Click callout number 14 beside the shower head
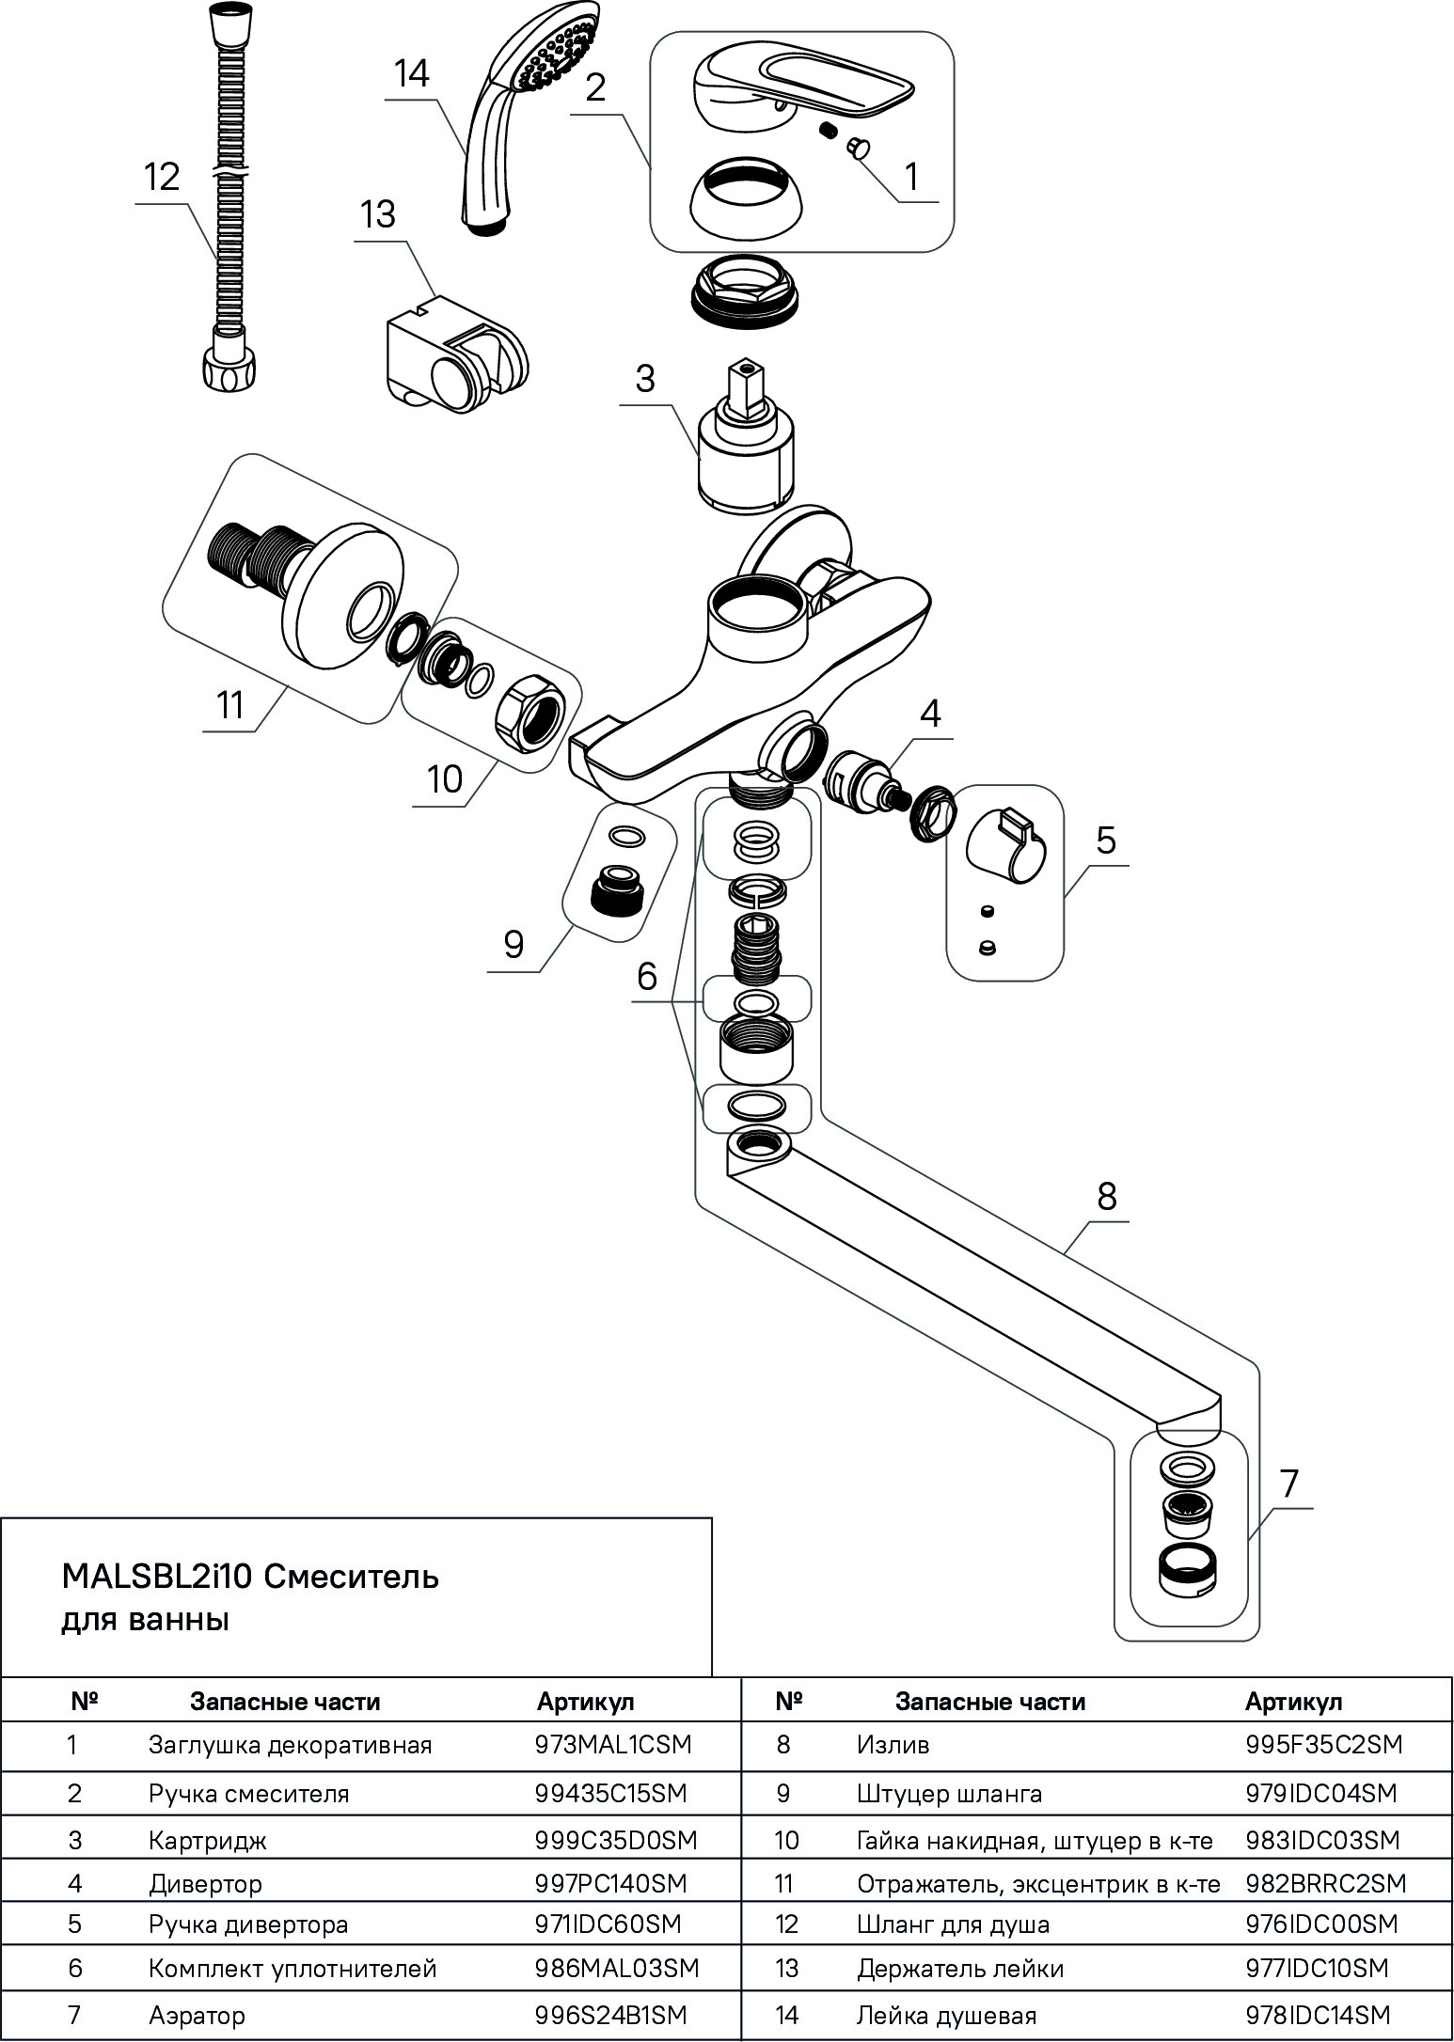(411, 73)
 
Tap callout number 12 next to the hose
(163, 177)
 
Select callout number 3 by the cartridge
(644, 379)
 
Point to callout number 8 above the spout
(1106, 1197)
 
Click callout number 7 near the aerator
(1288, 1484)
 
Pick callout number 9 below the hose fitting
(514, 943)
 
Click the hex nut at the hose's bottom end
(228, 369)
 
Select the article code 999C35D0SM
(616, 1839)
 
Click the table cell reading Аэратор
(197, 2016)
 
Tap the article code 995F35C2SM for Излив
(1323, 1745)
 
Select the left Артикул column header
(585, 1702)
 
